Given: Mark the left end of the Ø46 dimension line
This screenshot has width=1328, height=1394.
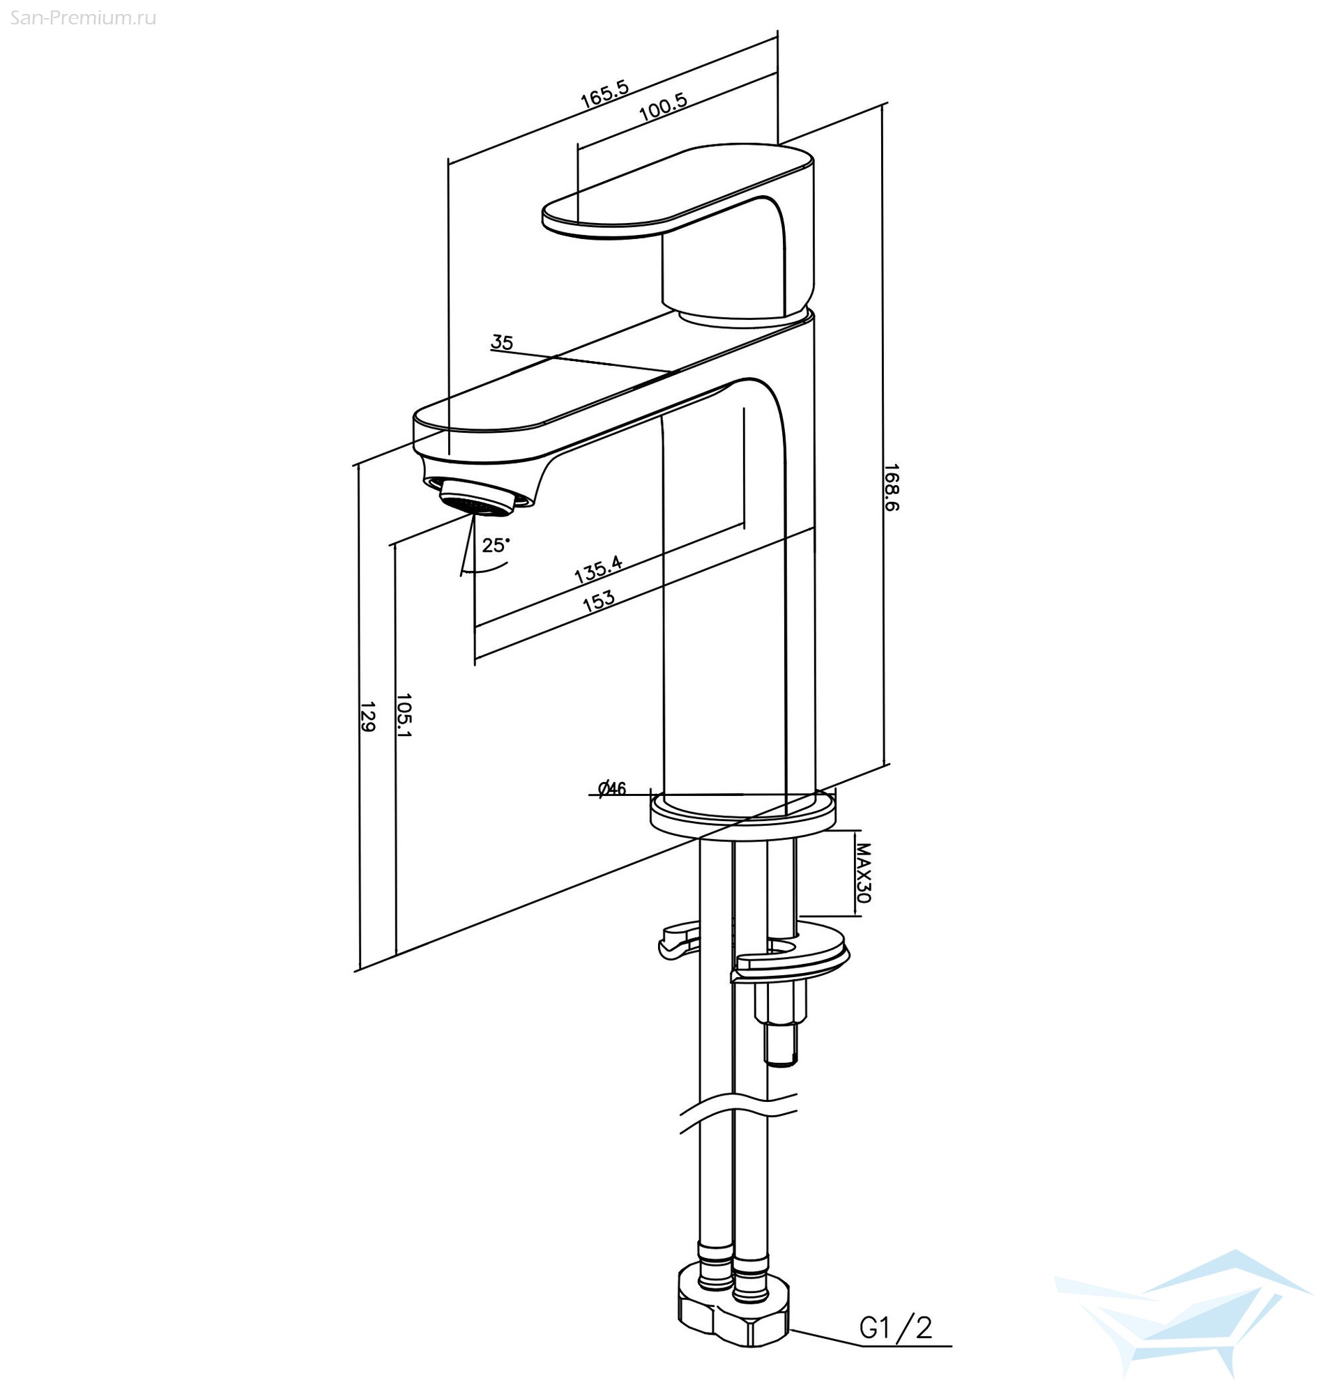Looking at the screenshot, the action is (589, 795).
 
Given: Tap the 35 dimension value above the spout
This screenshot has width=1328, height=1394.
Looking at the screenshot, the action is (502, 342).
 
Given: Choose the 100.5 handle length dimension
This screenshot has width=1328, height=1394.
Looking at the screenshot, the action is (663, 106).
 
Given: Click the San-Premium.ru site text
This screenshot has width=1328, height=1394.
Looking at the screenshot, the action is (83, 17).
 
